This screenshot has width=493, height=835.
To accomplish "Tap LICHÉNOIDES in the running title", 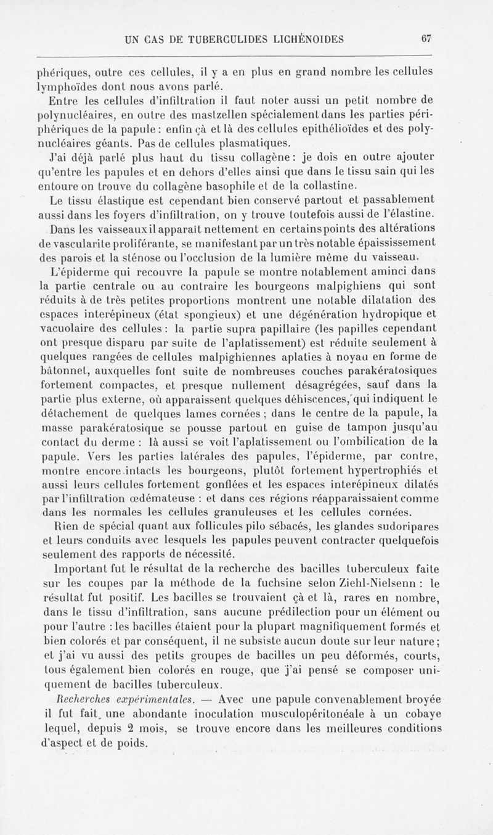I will click(306, 38).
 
